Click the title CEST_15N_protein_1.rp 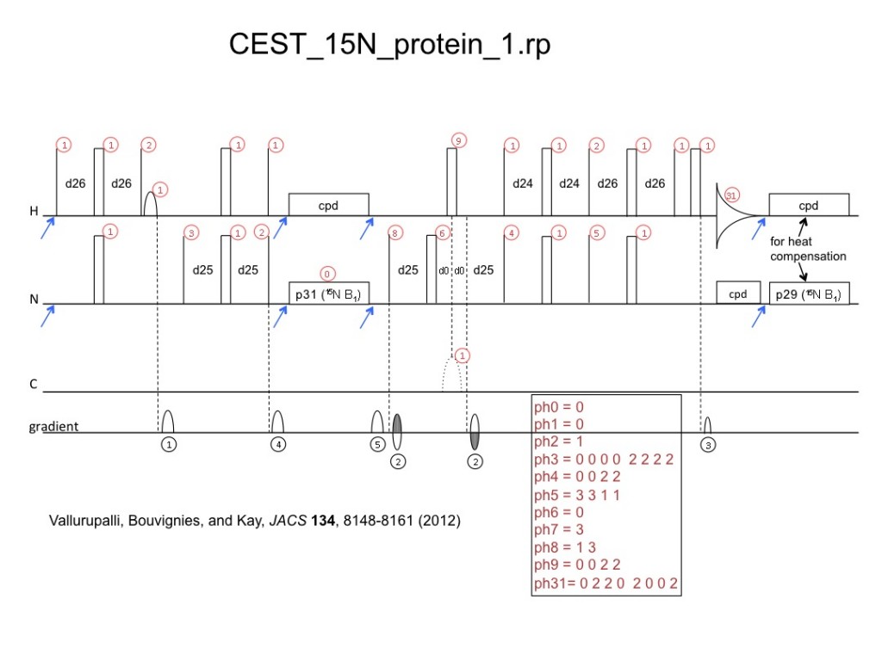pyautogui.click(x=389, y=45)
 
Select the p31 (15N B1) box pyautogui.click(x=328, y=293)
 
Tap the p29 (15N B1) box pyautogui.click(x=809, y=293)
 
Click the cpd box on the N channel pyautogui.click(x=737, y=293)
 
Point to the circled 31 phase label pyautogui.click(x=732, y=195)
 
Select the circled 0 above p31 pyautogui.click(x=327, y=274)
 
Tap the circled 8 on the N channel pyautogui.click(x=394, y=232)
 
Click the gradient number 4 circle pyautogui.click(x=277, y=445)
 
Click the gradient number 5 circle pyautogui.click(x=377, y=445)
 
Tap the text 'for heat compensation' pyautogui.click(x=807, y=249)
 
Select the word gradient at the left pyautogui.click(x=54, y=426)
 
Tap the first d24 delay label pyautogui.click(x=523, y=183)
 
